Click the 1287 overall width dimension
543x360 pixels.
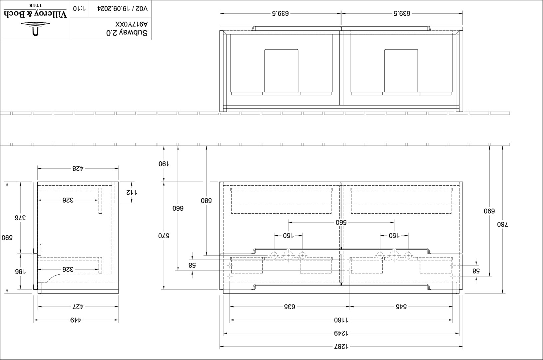341,347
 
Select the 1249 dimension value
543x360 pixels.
341,333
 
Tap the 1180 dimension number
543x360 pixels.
341,320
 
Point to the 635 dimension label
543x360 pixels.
290,307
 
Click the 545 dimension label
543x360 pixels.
401,307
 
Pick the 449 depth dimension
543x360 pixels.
76,320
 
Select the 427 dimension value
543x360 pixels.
78,307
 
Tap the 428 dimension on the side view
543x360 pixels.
78,168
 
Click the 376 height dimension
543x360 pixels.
20,218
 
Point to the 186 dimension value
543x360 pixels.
20,271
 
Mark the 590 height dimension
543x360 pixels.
7,237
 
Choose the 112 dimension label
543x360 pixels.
132,192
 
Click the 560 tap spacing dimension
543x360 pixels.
341,222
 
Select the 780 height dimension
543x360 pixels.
502,224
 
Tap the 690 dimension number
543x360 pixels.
489,211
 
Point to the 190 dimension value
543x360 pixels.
164,164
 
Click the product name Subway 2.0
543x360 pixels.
127,33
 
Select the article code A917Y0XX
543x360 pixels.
131,24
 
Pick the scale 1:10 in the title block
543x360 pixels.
79,8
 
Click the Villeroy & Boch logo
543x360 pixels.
35,20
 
